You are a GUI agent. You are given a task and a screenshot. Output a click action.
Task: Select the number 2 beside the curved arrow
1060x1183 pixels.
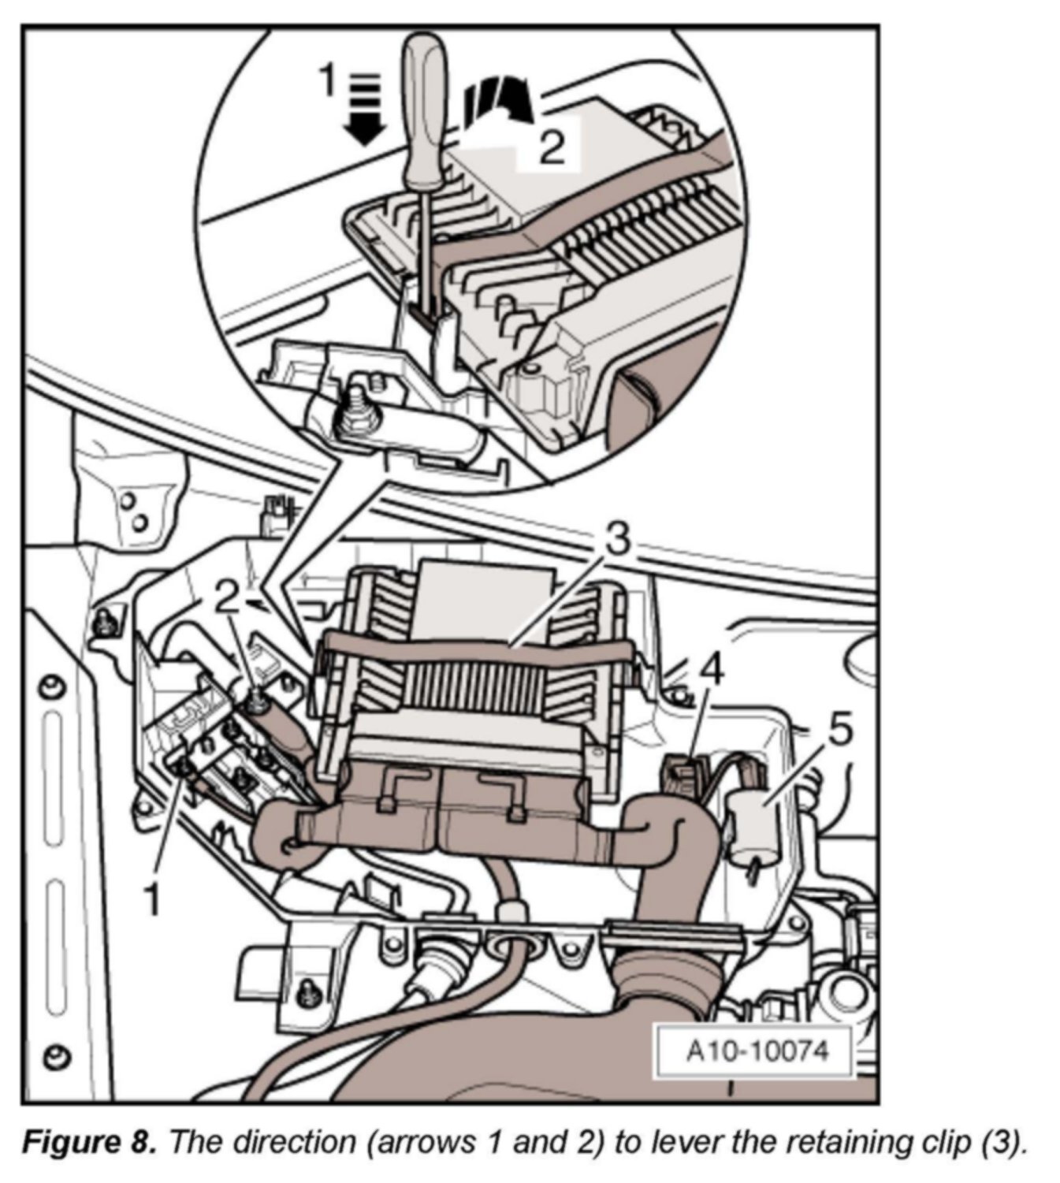pyautogui.click(x=552, y=146)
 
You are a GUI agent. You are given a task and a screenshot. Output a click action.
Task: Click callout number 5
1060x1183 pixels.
pyautogui.click(x=840, y=732)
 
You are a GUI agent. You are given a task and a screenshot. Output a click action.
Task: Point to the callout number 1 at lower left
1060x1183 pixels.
pyautogui.click(x=152, y=899)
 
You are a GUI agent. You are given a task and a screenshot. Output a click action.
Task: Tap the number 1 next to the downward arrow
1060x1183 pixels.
pyautogui.click(x=327, y=80)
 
